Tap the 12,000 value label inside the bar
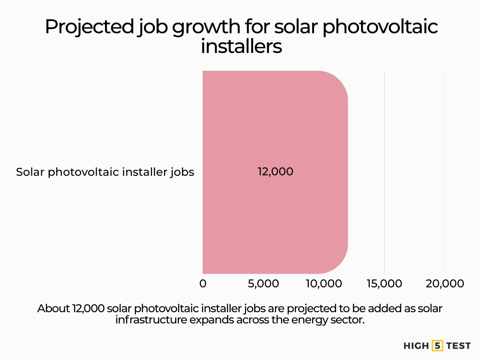(x=275, y=172)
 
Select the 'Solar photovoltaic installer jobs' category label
(x=105, y=172)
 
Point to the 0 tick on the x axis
(x=202, y=284)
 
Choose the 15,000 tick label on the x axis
(x=384, y=284)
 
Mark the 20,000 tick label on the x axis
(x=444, y=284)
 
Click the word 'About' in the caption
(x=53, y=309)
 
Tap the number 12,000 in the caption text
(x=88, y=309)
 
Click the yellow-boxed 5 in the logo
(x=437, y=346)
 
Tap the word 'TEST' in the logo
(x=458, y=346)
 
